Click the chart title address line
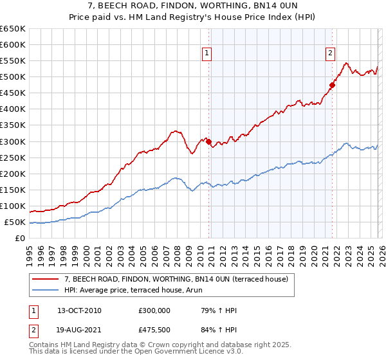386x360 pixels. pyautogui.click(x=193, y=6)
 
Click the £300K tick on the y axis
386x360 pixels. pyautogui.click(x=13, y=141)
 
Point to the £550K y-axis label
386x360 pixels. pyautogui.click(x=13, y=61)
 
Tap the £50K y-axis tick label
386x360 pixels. pyautogui.click(x=15, y=222)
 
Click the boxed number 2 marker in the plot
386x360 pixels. pyautogui.click(x=330, y=54)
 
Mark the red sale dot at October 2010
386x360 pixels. pyautogui.click(x=209, y=141)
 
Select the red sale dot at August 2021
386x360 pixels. pyautogui.click(x=333, y=85)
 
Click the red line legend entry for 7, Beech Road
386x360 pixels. pyautogui.click(x=179, y=279)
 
